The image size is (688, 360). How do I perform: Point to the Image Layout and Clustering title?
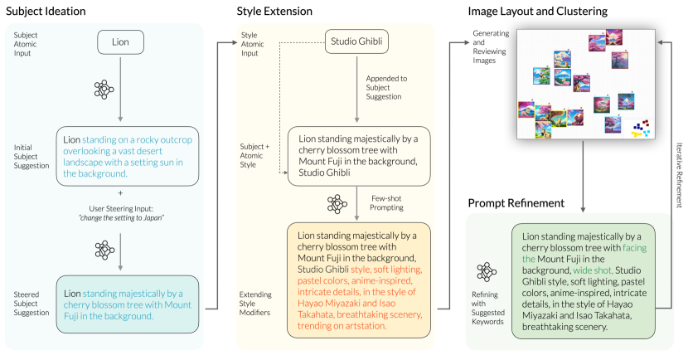tap(537, 12)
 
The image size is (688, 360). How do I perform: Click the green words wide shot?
tap(591, 270)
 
